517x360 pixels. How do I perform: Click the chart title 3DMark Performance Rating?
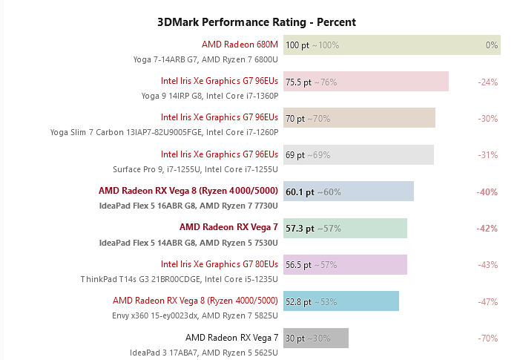click(257, 22)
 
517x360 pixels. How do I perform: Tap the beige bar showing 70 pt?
click(359, 118)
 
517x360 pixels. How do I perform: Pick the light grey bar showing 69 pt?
click(358, 154)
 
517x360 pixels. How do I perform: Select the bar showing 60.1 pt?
click(349, 192)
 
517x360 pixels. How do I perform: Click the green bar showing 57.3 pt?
click(345, 228)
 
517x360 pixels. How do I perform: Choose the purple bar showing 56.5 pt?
click(345, 264)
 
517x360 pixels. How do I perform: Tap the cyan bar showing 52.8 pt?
click(341, 301)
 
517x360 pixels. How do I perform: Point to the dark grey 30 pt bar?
click(315, 338)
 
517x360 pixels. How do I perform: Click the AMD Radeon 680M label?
click(240, 45)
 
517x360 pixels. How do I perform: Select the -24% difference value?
click(487, 82)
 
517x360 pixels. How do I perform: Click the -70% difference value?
click(487, 338)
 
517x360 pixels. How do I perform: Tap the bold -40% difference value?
click(487, 192)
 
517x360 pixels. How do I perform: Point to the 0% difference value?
click(492, 45)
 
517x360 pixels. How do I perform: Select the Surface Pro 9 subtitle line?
click(196, 168)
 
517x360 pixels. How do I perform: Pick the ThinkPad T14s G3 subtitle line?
click(180, 278)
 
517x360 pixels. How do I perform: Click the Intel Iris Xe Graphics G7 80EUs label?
click(220, 264)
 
